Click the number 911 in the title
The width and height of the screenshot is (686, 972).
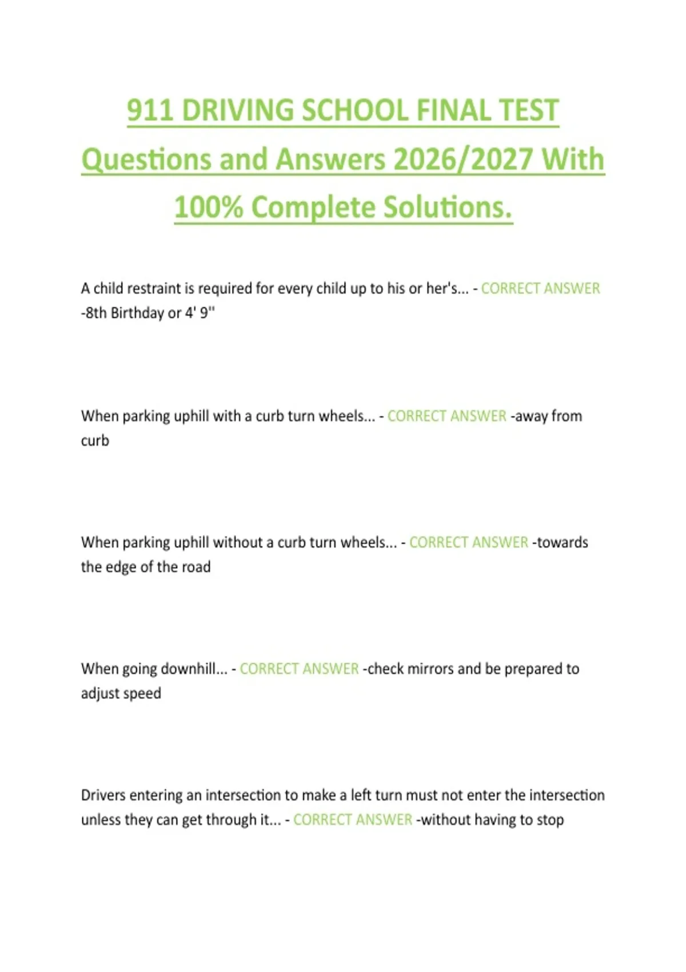tap(150, 110)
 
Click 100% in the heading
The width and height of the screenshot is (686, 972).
tap(208, 207)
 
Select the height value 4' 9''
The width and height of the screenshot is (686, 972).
tap(200, 313)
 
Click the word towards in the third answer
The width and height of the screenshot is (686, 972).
tap(562, 543)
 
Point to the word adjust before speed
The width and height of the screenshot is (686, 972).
tap(100, 694)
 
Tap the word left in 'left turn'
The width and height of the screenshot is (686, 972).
tap(361, 795)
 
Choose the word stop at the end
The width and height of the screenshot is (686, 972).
tap(550, 820)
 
